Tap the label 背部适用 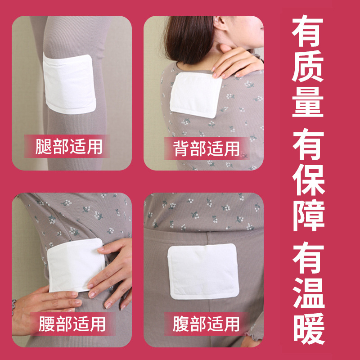pos(207,148)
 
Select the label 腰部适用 pos(72,324)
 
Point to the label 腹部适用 pos(207,324)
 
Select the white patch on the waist pos(74,265)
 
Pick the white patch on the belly pos(202,272)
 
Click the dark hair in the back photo pos(184,36)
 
